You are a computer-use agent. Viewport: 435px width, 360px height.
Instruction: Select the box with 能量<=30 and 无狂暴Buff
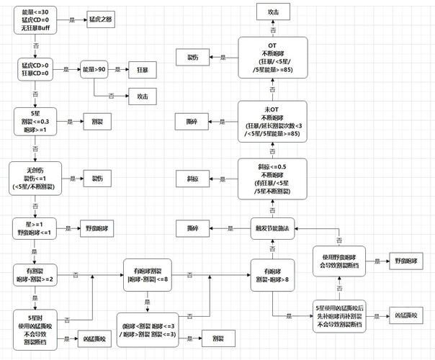(x=35, y=20)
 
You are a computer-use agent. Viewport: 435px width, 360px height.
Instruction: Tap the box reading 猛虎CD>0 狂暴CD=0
(x=35, y=69)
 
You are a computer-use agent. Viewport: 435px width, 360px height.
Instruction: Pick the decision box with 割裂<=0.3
(x=35, y=122)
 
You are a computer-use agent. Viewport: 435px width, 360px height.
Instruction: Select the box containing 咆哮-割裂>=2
(x=35, y=274)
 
